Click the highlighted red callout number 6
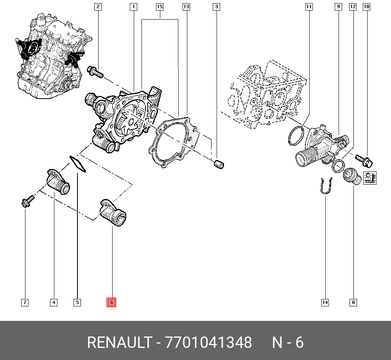point(111,302)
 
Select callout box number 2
point(98,7)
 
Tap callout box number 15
point(160,7)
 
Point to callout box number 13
point(186,7)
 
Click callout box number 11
point(309,7)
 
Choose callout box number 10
point(366,7)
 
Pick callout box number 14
point(325,302)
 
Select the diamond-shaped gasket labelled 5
point(78,164)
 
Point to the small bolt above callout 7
point(27,201)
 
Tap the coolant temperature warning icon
point(369,178)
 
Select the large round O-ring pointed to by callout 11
point(296,135)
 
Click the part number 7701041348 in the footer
point(209,342)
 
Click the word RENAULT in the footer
point(118,342)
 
